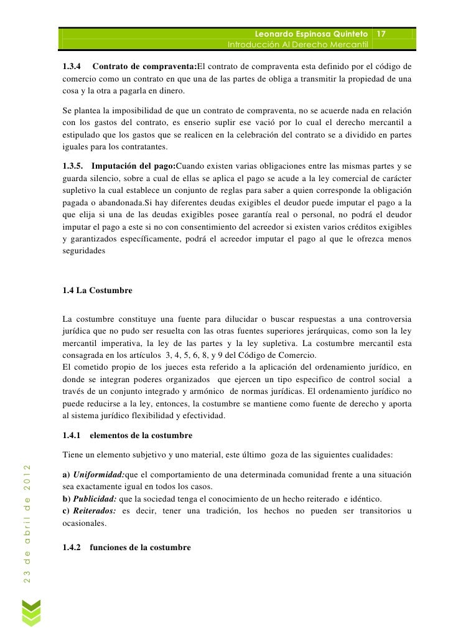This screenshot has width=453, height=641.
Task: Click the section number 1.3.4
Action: [x=73, y=67]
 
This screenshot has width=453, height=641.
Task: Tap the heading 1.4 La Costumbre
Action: [x=95, y=290]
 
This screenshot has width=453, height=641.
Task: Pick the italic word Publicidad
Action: [x=95, y=500]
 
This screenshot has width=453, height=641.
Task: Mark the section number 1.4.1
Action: [x=73, y=434]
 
